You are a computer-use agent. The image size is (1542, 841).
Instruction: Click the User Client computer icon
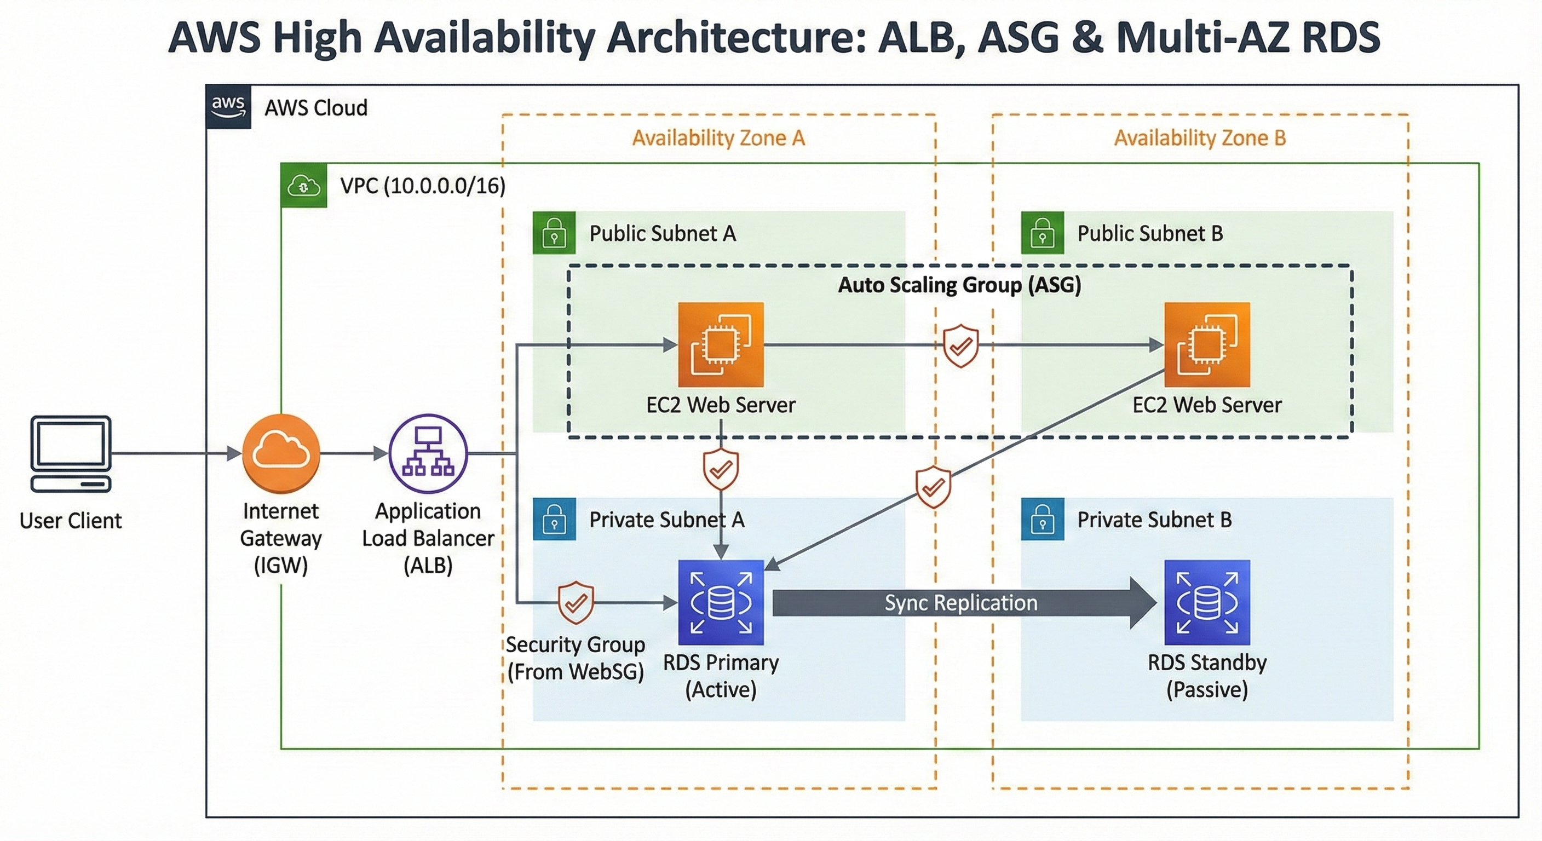coord(71,453)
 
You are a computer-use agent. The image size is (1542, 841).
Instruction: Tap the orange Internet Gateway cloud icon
coord(281,453)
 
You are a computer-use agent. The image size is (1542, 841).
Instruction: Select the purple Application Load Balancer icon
coord(428,453)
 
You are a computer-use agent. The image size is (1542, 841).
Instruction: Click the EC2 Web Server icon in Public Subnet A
coord(721,345)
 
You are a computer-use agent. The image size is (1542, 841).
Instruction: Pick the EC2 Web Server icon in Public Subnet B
coord(1207,345)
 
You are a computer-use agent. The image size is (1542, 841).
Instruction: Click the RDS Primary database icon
coord(721,602)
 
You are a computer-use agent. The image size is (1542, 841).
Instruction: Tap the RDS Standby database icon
coord(1207,602)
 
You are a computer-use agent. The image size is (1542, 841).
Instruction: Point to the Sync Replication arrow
coord(961,603)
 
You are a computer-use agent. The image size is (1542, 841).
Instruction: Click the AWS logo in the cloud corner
coord(228,107)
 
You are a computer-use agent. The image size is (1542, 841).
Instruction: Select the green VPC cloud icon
coord(304,186)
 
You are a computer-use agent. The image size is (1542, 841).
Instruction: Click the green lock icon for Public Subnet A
coord(554,233)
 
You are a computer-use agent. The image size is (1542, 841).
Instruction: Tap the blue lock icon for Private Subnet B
coord(1042,519)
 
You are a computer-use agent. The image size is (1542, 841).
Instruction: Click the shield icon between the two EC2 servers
coord(961,345)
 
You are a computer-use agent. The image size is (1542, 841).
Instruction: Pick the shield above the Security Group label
coord(576,602)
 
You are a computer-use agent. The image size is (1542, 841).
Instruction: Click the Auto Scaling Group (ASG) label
coord(959,285)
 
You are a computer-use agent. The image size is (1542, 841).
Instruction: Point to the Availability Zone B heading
coord(1199,139)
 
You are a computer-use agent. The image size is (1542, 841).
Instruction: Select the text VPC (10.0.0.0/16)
coord(423,186)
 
